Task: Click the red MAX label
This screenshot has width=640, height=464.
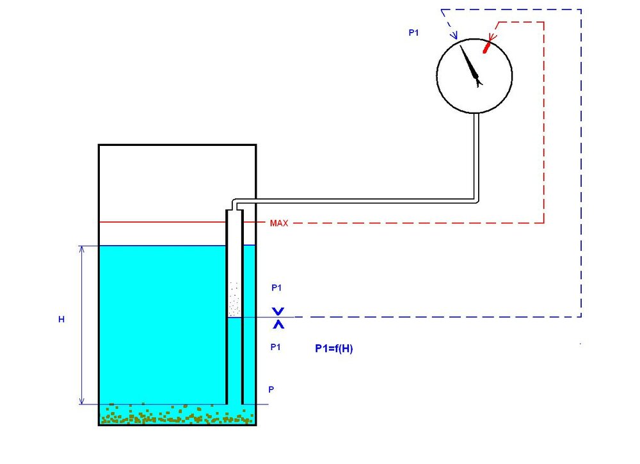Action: [279, 223]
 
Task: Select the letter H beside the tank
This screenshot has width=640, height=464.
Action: [61, 319]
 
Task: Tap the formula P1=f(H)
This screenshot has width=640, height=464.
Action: [334, 349]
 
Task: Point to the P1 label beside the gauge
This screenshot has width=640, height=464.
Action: [413, 33]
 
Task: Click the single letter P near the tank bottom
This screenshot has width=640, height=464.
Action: [271, 389]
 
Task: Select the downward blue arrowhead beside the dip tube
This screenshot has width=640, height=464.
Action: [278, 312]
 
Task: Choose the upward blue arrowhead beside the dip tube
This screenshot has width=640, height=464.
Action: [278, 324]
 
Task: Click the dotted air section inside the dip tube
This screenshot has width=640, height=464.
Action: [234, 299]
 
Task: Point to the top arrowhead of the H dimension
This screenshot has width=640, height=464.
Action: [82, 250]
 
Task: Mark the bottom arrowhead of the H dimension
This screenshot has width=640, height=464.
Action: [82, 401]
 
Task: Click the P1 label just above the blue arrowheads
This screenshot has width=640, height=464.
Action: [276, 288]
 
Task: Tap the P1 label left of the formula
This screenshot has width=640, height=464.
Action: [275, 347]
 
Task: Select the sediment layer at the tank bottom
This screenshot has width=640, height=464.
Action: [177, 414]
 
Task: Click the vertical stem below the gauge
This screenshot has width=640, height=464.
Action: [476, 157]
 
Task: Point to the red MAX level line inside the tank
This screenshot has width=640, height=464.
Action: [163, 222]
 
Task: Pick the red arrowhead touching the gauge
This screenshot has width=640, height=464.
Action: [492, 36]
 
